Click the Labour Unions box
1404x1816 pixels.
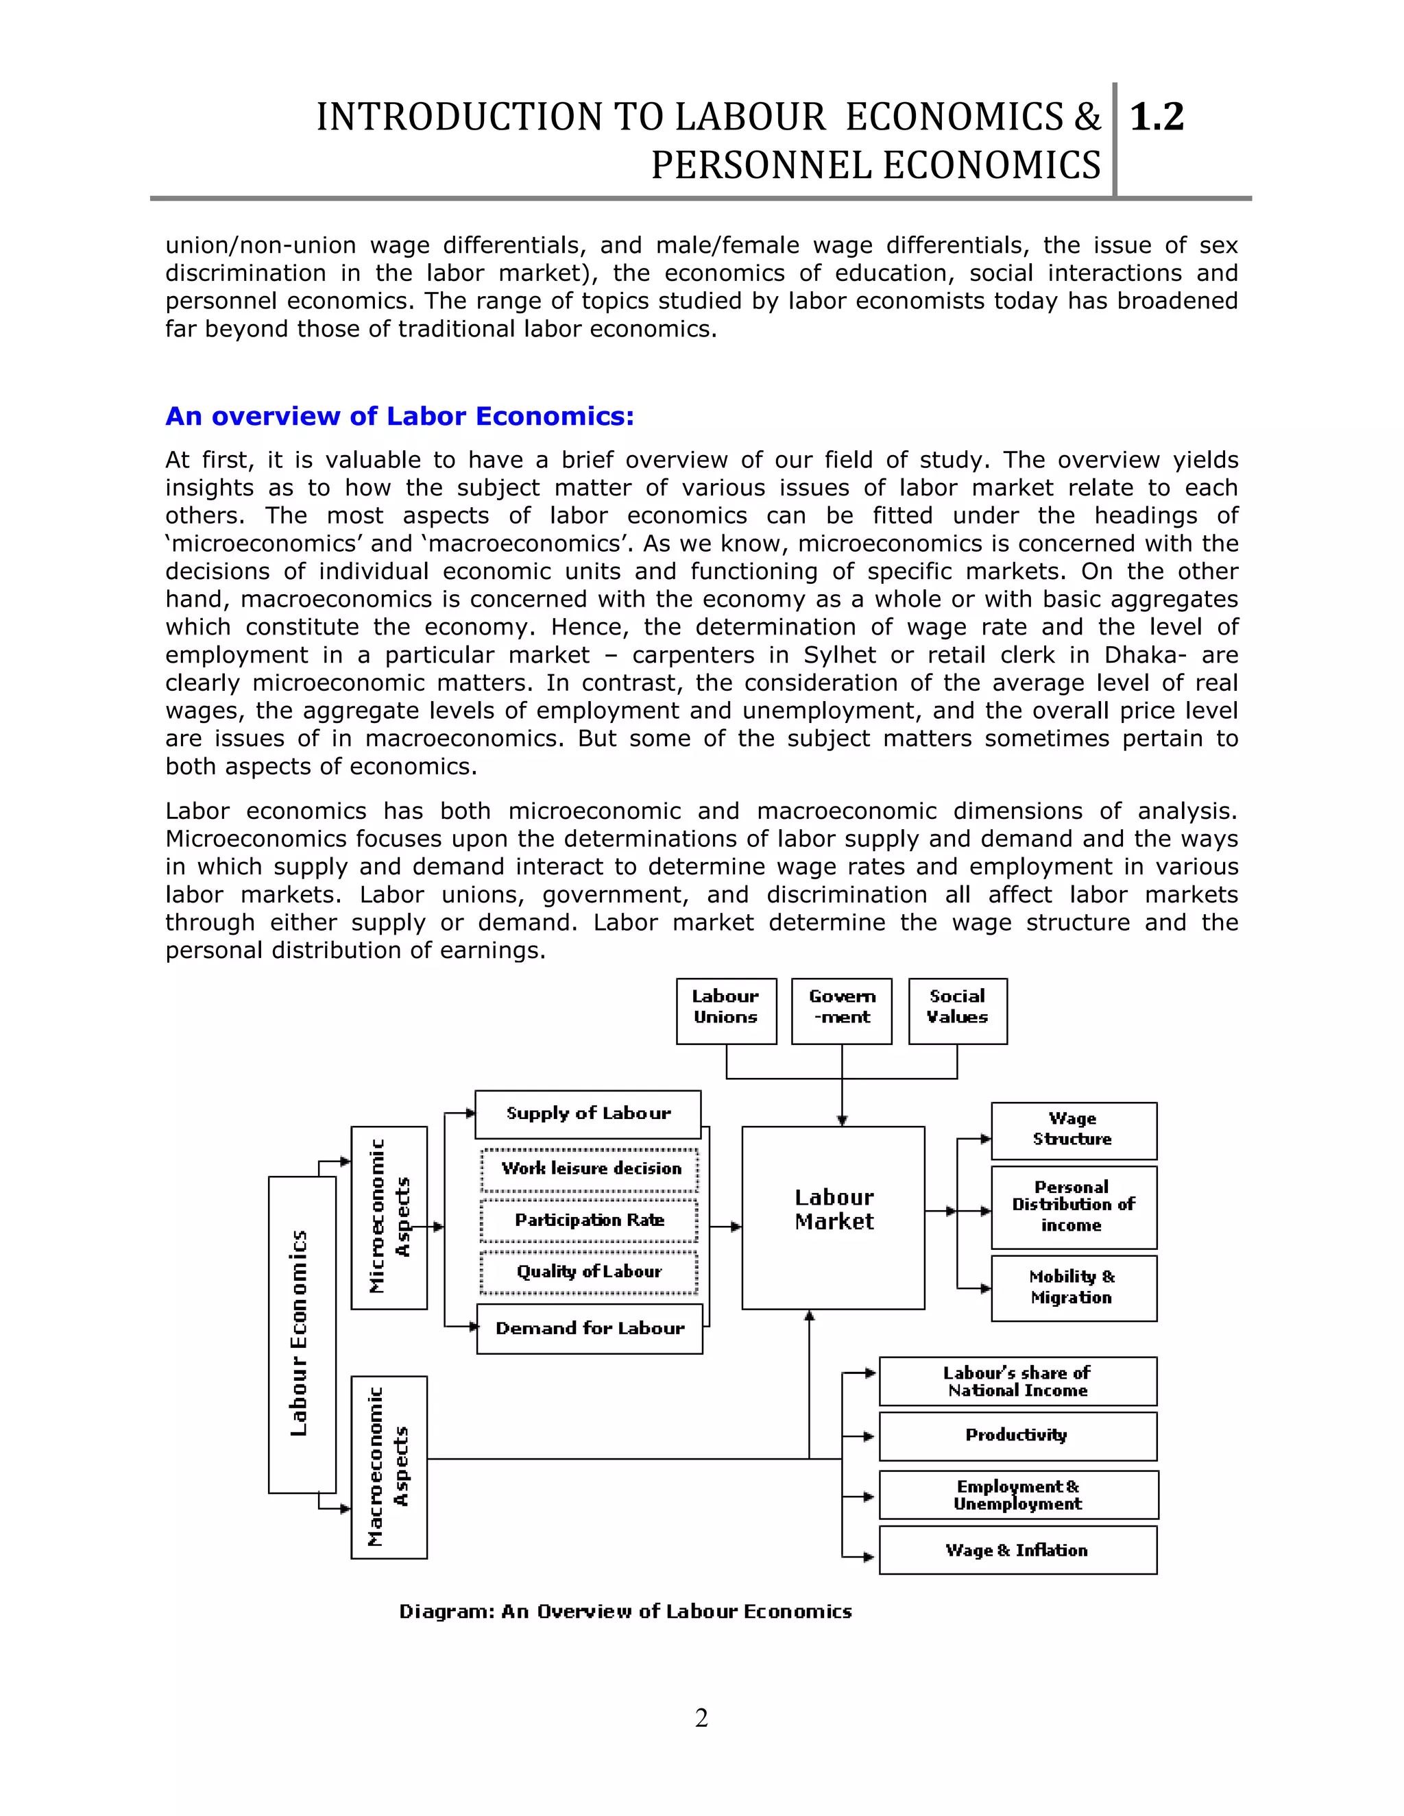[726, 1010]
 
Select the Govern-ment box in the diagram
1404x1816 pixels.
[841, 1010]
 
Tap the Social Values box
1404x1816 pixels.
[957, 1010]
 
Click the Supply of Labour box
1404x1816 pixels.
[588, 1114]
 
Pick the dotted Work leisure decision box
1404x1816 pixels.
[590, 1169]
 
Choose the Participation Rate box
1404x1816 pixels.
[589, 1220]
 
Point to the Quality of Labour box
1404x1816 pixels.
[589, 1272]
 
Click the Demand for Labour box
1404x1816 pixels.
[590, 1329]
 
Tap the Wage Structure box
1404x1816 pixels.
[1074, 1131]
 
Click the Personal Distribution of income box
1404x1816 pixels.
[1074, 1207]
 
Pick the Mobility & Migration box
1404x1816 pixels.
[1074, 1288]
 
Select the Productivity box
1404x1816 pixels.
[1018, 1436]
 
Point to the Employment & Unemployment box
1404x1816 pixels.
[1018, 1495]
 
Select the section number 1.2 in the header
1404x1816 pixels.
[1157, 116]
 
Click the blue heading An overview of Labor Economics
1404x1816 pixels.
[399, 416]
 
